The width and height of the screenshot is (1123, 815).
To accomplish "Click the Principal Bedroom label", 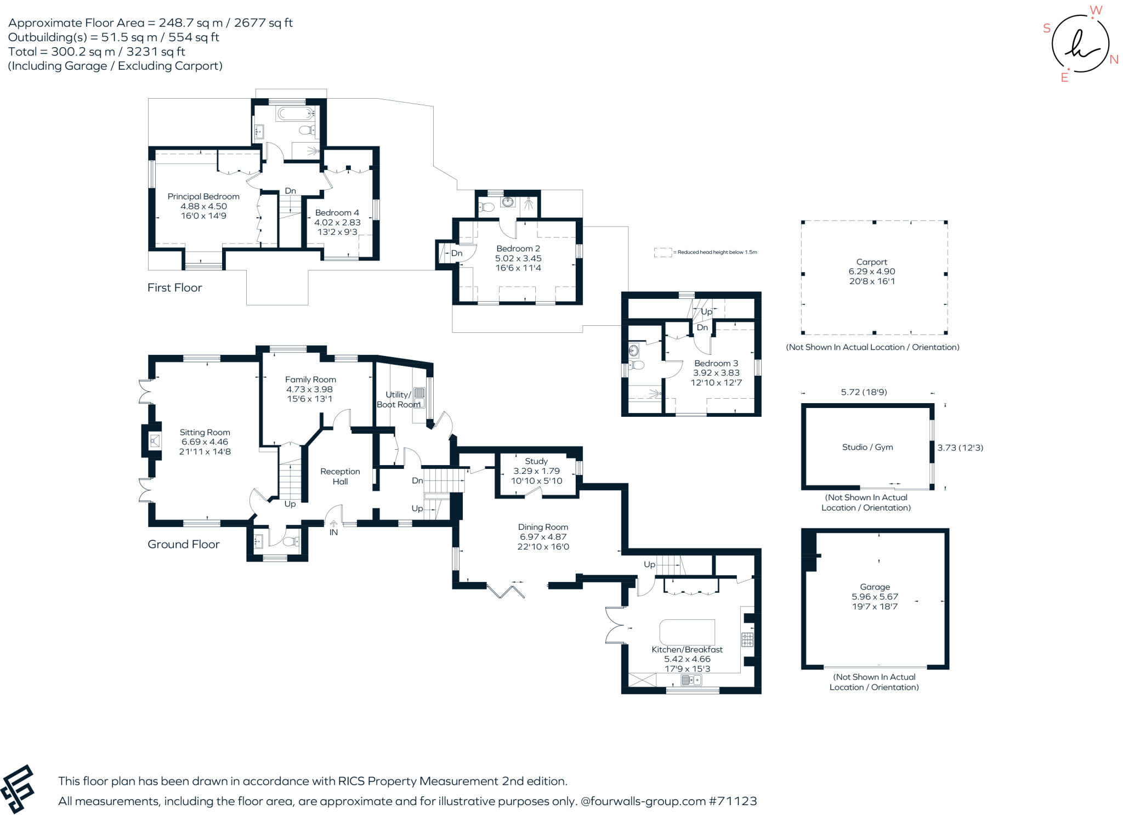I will (203, 196).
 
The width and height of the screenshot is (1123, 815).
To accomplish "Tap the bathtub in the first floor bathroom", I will (295, 114).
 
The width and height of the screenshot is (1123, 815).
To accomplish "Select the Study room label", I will (536, 461).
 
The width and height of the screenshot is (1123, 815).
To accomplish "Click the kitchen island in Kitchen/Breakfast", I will (688, 632).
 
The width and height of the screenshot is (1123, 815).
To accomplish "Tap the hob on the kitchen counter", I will (747, 639).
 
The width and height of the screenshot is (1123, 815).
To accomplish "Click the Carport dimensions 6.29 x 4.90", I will (872, 271).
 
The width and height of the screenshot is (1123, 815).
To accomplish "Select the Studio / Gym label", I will (867, 447).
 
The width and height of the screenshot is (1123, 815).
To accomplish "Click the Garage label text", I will (875, 587).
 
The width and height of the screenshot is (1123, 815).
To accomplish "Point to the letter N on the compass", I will (1114, 60).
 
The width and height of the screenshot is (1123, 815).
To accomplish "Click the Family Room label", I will (310, 380).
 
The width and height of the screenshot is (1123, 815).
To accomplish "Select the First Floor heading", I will (174, 287).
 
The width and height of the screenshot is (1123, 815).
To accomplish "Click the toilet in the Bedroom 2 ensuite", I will (486, 207).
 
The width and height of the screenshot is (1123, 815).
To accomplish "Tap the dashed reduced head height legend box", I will (663, 252).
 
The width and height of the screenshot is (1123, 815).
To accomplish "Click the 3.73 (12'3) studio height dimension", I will (960, 448).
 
